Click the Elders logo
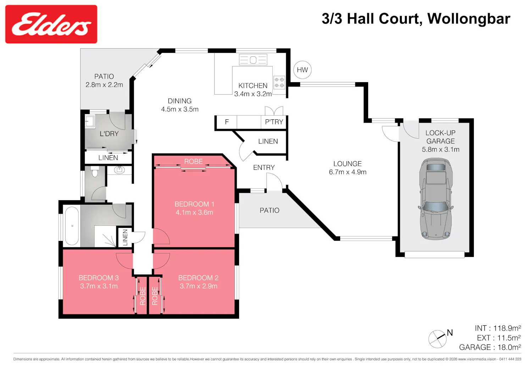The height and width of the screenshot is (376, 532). [x=51, y=24]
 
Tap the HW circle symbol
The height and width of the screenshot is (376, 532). [x=302, y=70]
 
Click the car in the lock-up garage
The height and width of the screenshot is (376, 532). [x=436, y=199]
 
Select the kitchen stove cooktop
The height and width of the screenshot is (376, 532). [x=279, y=83]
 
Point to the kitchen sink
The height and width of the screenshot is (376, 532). [x=253, y=60]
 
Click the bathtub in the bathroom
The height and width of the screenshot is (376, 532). [x=72, y=226]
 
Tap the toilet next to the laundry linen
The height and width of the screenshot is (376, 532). [x=95, y=172]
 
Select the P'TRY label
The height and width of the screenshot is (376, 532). [x=274, y=122]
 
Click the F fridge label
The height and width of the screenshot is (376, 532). [x=227, y=122]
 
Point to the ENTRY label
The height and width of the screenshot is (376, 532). [x=264, y=168]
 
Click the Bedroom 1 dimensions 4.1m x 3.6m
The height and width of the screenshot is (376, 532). [x=194, y=212]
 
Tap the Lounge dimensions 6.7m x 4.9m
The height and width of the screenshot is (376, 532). [x=348, y=172]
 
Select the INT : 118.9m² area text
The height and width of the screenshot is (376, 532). [x=498, y=328]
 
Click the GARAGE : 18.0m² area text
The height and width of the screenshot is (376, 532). [x=490, y=347]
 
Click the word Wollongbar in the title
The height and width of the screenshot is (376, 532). [x=469, y=19]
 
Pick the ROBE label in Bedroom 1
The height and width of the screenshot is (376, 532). [x=194, y=161]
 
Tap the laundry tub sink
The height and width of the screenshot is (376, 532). [x=90, y=122]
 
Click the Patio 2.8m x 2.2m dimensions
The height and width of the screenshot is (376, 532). [x=104, y=85]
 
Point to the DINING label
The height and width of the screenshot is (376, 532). [x=179, y=101]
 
